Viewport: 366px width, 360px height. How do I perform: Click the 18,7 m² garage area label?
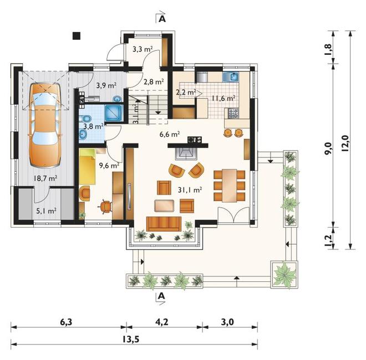45,178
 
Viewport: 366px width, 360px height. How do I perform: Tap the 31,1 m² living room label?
190,190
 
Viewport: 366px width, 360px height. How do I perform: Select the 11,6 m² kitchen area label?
223,99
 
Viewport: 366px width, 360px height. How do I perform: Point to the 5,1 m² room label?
46,211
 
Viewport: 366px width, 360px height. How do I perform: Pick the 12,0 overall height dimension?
345,143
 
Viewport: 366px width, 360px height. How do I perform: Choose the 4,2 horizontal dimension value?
161,322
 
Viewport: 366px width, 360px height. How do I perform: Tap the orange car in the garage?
45,125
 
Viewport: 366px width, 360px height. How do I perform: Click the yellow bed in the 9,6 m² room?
87,167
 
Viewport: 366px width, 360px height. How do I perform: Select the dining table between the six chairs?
229,186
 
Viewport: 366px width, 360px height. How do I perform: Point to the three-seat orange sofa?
164,224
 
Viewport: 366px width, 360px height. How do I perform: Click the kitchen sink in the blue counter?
231,77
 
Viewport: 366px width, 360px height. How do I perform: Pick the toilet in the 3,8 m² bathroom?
85,119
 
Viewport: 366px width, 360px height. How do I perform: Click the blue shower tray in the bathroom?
114,113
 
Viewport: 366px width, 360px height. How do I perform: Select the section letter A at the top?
162,19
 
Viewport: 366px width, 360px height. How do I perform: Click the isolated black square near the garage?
77,35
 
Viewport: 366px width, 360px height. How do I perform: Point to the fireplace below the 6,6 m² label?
186,153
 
